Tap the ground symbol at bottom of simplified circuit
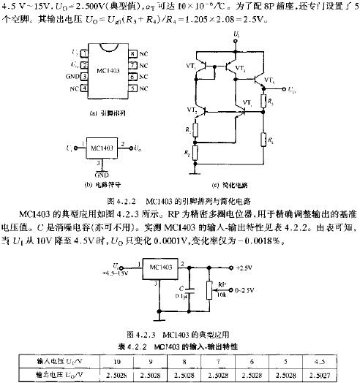[x=194, y=173]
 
